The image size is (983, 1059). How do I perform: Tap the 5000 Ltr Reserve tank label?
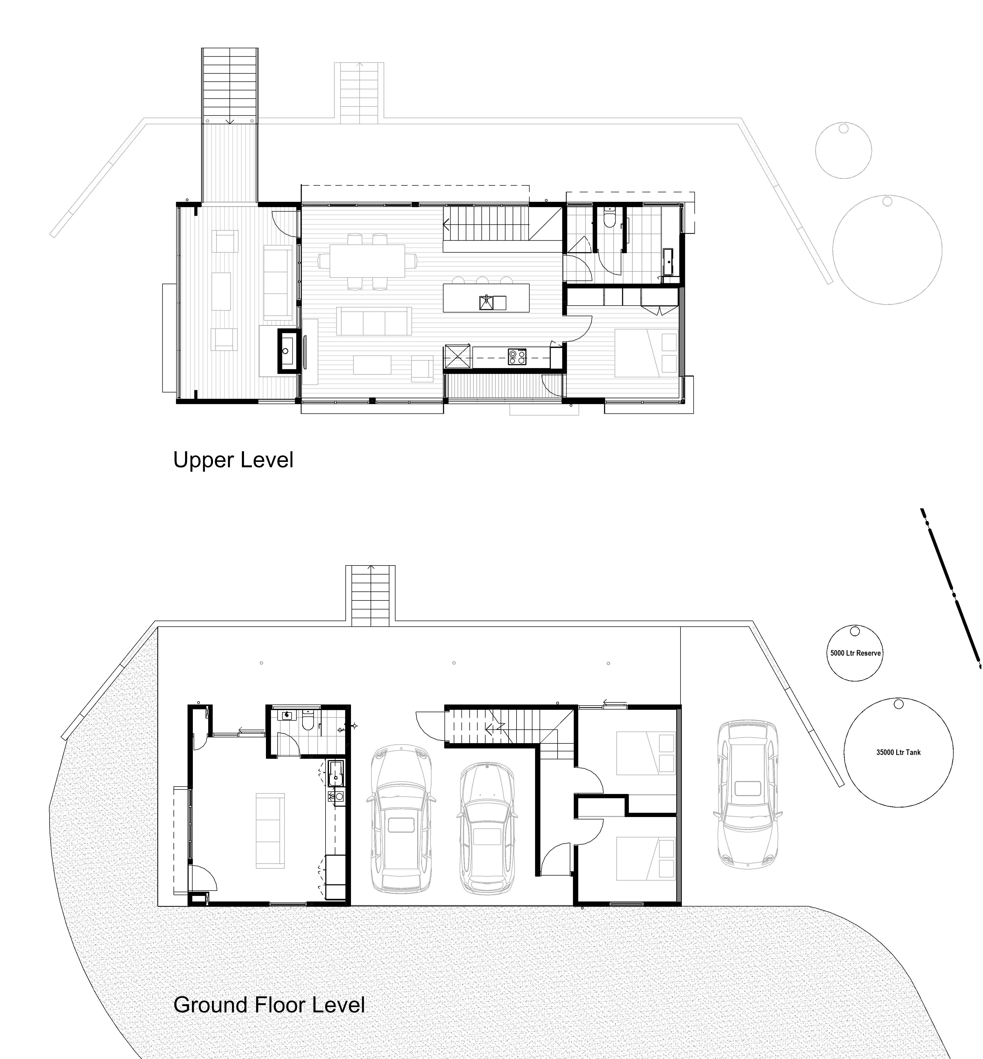pyautogui.click(x=855, y=653)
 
